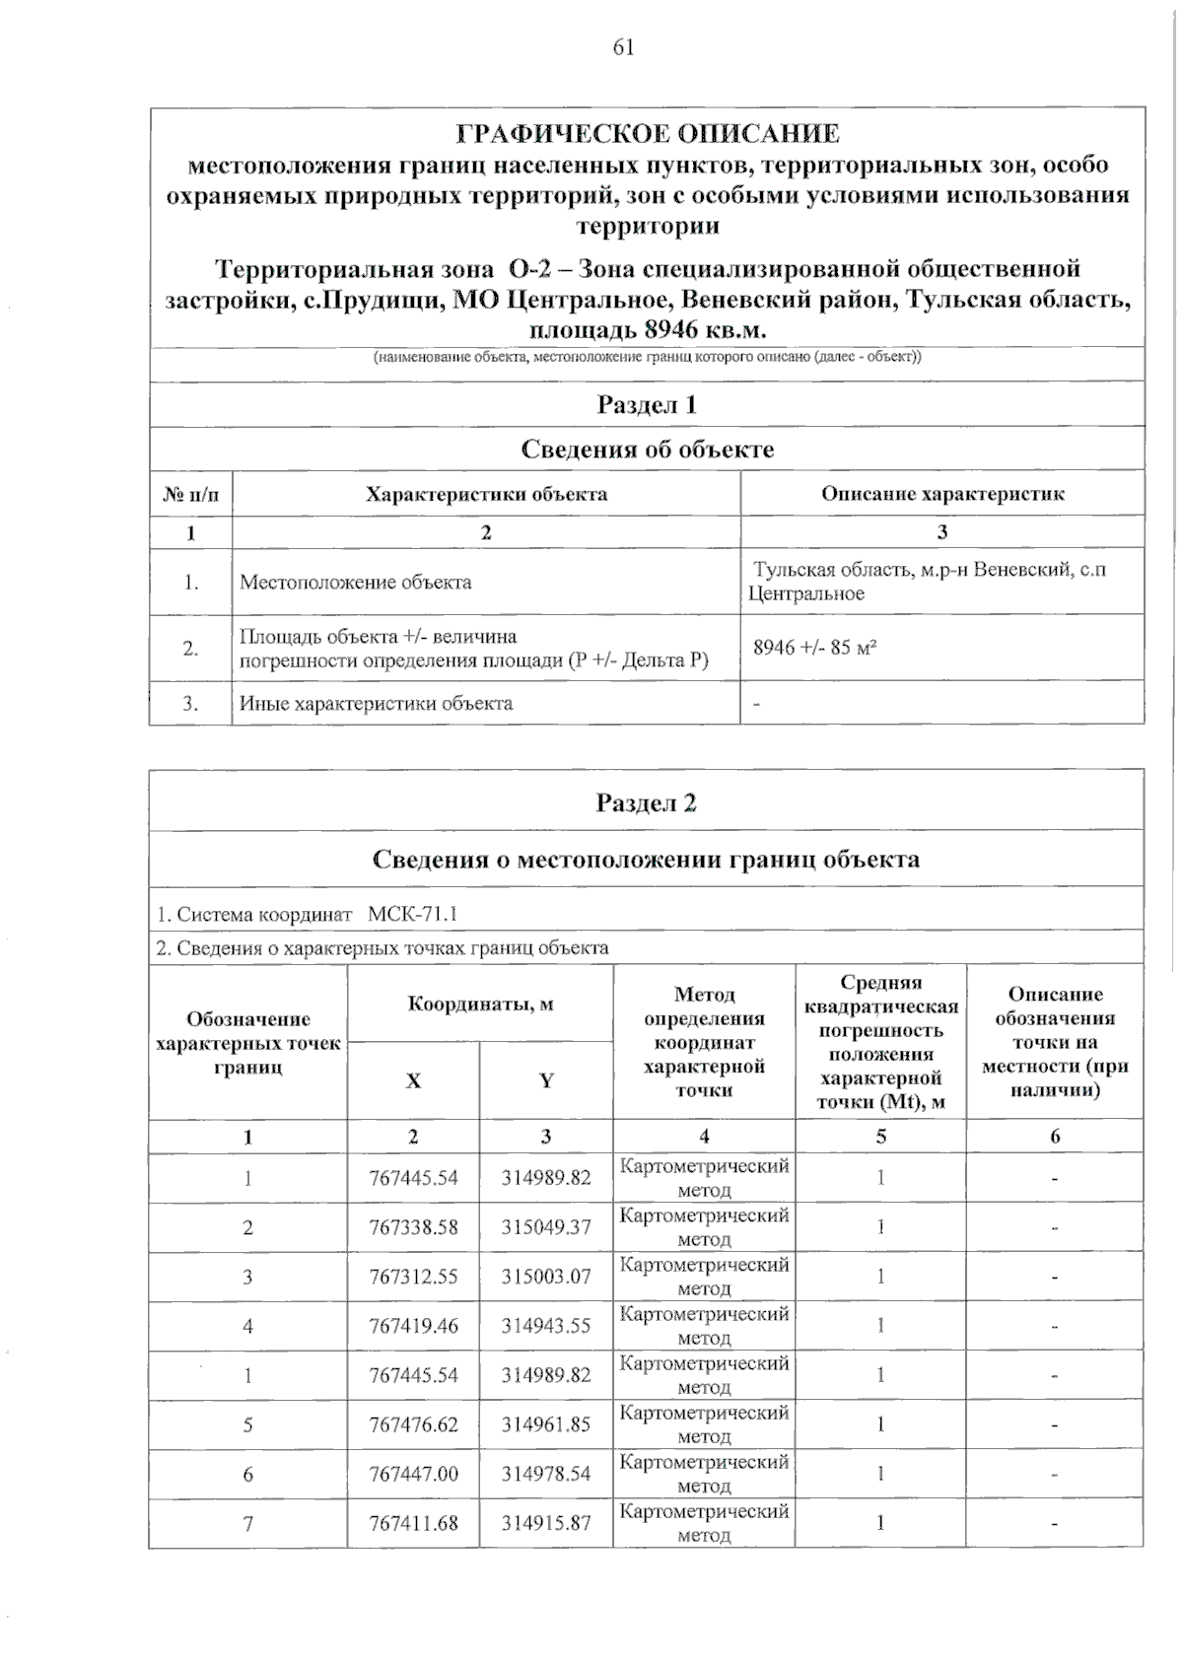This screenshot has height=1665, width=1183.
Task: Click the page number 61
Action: coord(623,47)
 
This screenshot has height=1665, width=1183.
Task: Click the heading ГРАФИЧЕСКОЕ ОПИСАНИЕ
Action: coord(648,133)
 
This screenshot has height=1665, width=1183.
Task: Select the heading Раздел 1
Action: coord(647,404)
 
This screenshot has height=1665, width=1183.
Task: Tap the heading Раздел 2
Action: coord(647,802)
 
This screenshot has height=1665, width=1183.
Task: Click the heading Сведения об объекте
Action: coord(647,450)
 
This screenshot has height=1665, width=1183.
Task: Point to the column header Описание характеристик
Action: coord(942,494)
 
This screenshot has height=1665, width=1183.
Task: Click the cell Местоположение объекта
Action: coord(356,582)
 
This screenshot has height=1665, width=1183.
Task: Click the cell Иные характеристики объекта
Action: coord(376,703)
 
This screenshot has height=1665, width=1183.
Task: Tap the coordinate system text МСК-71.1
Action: coord(412,914)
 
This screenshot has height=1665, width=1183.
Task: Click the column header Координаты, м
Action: coord(480,1004)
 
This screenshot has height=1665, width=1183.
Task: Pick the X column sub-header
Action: coord(413,1080)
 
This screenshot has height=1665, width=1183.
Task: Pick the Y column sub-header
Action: coord(546,1080)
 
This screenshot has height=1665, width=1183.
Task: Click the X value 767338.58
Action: coord(413,1227)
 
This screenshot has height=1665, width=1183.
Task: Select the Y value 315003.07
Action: coord(546,1277)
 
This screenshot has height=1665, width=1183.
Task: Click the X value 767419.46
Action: coord(413,1326)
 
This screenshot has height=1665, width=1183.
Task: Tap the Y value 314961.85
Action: coord(546,1424)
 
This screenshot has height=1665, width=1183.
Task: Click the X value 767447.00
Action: coord(413,1474)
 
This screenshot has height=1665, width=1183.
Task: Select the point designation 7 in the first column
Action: coord(248,1523)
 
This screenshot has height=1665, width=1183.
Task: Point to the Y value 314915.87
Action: coord(546,1523)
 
